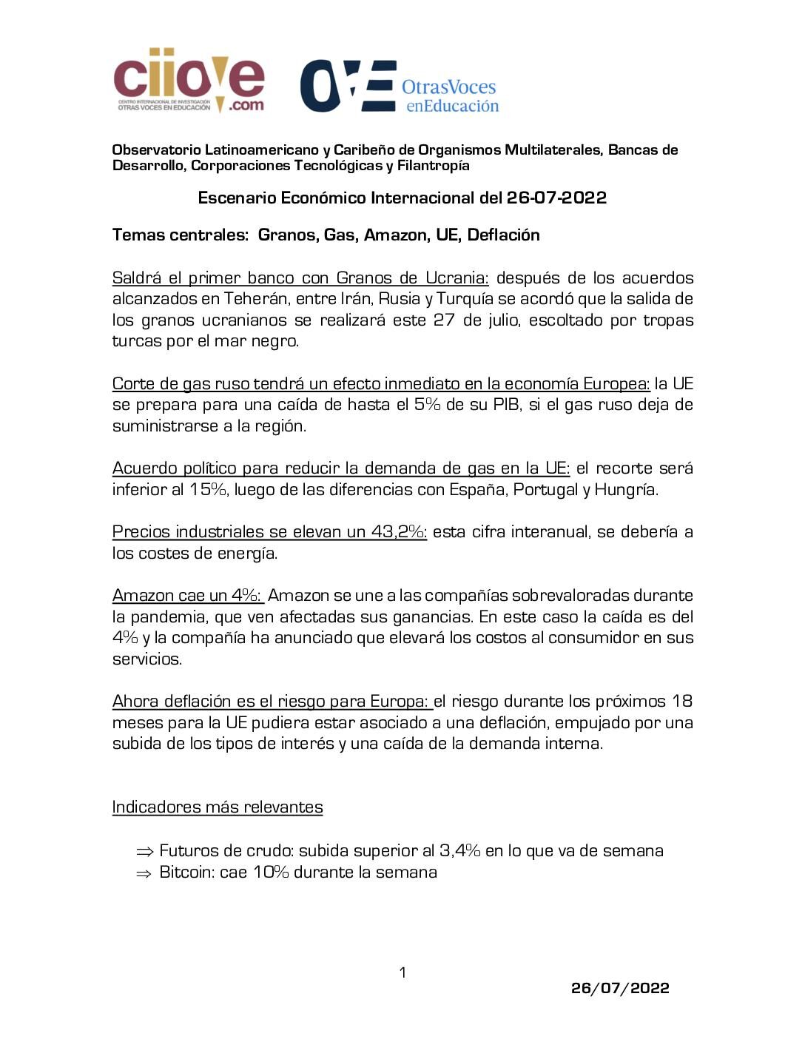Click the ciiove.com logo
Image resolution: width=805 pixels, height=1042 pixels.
click(189, 80)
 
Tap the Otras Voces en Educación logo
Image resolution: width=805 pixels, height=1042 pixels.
click(400, 87)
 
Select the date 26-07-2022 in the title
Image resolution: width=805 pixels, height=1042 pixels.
click(556, 198)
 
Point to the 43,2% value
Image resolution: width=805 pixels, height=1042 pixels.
click(398, 532)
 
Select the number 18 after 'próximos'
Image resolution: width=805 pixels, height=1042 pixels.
click(681, 702)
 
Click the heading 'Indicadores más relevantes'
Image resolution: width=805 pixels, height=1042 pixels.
click(218, 807)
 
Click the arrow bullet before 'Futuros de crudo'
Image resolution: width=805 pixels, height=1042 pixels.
click(144, 852)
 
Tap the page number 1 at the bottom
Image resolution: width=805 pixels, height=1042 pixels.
click(402, 972)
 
